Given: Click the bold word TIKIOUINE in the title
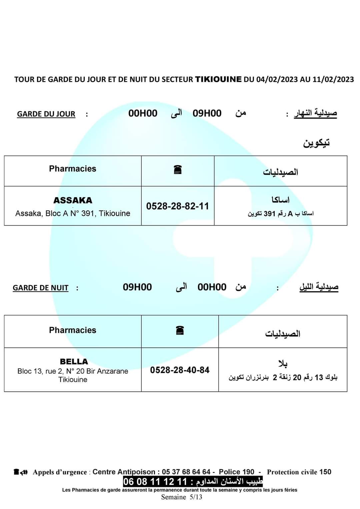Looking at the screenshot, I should pos(218,79).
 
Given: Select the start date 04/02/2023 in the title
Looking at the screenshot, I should pos(277,79).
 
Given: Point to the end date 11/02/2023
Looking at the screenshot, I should pos(333,79).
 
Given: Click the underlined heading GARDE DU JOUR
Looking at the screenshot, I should pos(46,114).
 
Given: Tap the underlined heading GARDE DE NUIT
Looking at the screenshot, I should pos(40,288).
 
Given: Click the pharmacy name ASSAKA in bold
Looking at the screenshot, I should pos(73,200).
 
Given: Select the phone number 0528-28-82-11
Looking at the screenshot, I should pos(177,206).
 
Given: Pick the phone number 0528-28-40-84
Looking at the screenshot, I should pos(180,370).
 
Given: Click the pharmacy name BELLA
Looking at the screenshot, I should pos(74,361).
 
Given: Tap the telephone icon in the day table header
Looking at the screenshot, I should pos(178,170).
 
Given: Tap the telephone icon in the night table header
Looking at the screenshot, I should pos(180,330).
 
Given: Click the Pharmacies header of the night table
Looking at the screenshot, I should pos(72,330).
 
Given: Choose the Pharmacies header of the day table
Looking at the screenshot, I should pos(72,169).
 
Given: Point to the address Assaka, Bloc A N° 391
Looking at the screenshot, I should pos(73,214).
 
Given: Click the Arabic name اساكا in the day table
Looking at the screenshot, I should pos(280,200).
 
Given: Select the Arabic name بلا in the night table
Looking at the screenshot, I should pos(283,364).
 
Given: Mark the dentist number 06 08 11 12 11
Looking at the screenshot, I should pos(155,482).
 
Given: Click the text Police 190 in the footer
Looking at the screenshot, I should pos(236,472).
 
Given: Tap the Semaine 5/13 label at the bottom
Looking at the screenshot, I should pos(182,497).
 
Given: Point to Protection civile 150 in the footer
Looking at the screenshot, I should pos(299,472).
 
